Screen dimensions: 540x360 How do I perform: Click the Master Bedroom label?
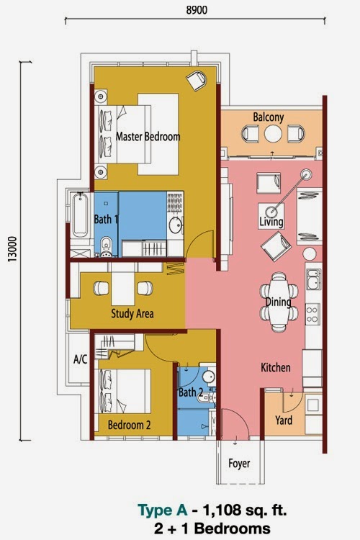click(x=148, y=136)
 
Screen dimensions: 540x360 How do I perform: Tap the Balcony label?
click(x=269, y=117)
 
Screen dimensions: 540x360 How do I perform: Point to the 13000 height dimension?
click(x=11, y=248)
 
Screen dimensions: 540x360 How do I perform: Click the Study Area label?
click(x=132, y=314)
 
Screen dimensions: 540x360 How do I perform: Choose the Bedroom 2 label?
click(x=129, y=426)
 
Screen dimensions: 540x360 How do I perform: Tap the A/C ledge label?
click(x=81, y=359)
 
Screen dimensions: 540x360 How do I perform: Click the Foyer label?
click(x=239, y=464)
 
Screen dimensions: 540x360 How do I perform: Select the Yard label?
click(x=284, y=420)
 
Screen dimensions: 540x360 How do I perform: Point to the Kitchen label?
click(x=276, y=368)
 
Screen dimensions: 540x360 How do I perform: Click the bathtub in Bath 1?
click(x=79, y=214)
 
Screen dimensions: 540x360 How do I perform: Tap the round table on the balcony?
click(x=272, y=134)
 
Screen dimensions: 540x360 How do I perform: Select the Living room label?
click(x=271, y=223)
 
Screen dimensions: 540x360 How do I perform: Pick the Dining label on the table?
click(x=277, y=302)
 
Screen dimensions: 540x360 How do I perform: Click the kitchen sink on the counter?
click(x=313, y=278)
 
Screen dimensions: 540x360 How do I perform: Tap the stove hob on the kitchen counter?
click(x=313, y=314)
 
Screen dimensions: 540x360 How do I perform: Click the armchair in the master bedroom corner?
click(x=195, y=80)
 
